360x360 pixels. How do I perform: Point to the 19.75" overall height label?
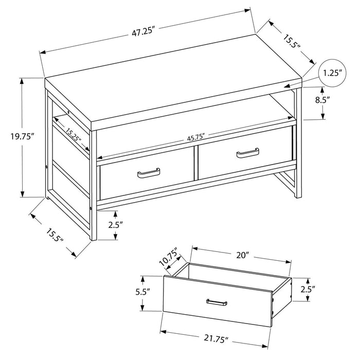(x=21, y=137)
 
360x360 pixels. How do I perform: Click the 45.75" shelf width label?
(x=196, y=137)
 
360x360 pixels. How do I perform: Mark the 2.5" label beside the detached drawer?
(x=307, y=289)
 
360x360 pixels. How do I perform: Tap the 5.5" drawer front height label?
(x=143, y=292)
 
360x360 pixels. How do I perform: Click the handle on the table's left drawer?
(x=148, y=174)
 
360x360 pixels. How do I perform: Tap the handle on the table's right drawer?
(x=247, y=153)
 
